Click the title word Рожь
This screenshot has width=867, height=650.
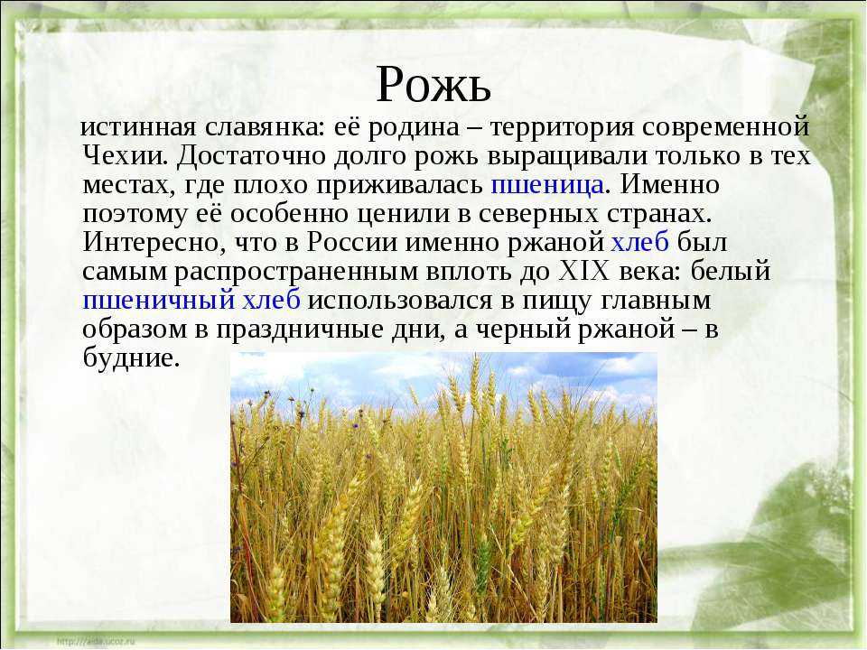pyautogui.click(x=433, y=84)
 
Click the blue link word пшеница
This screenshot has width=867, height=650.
pyautogui.click(x=547, y=184)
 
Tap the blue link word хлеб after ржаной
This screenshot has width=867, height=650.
pyautogui.click(x=639, y=242)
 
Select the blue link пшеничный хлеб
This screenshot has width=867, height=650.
pyautogui.click(x=191, y=300)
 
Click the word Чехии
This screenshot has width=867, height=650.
pyautogui.click(x=125, y=155)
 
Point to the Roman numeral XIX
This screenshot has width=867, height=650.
pyautogui.click(x=584, y=271)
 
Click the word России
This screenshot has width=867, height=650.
pyautogui.click(x=351, y=242)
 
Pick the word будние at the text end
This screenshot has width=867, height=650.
pyautogui.click(x=131, y=357)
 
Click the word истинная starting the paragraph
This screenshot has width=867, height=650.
pyautogui.click(x=138, y=127)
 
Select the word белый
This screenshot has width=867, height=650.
pyautogui.click(x=730, y=270)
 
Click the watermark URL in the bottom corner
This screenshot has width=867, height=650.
pyautogui.click(x=96, y=641)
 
